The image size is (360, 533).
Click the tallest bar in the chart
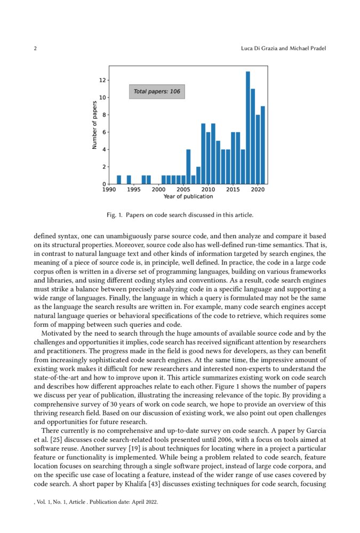[248, 128]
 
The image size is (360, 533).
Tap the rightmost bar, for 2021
[263, 145]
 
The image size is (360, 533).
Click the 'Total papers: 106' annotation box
[157, 92]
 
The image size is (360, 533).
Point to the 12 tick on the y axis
[103, 80]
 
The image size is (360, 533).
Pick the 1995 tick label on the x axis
[134, 189]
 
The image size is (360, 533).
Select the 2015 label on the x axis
[233, 189]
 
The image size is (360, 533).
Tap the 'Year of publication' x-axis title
[188, 197]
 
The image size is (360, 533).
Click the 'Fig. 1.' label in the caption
[114, 215]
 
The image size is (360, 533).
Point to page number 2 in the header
[35, 49]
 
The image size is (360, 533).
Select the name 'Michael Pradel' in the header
[307, 49]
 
